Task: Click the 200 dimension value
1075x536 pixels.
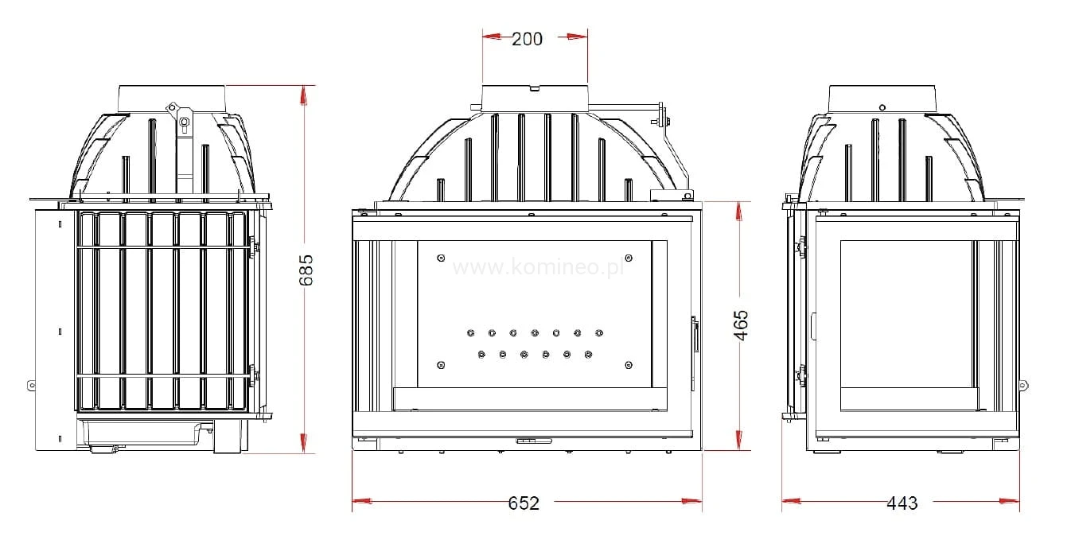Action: [527, 39]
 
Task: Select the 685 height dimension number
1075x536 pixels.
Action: [306, 270]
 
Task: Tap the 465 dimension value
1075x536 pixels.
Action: [741, 325]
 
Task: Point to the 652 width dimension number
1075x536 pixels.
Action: [524, 503]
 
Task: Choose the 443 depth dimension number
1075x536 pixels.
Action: [902, 503]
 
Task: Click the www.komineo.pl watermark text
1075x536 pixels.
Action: [539, 267]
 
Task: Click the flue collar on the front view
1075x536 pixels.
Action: [535, 99]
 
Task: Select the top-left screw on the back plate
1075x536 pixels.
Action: [441, 258]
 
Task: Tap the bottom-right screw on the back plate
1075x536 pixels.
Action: [629, 365]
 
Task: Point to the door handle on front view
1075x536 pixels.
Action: [695, 334]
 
